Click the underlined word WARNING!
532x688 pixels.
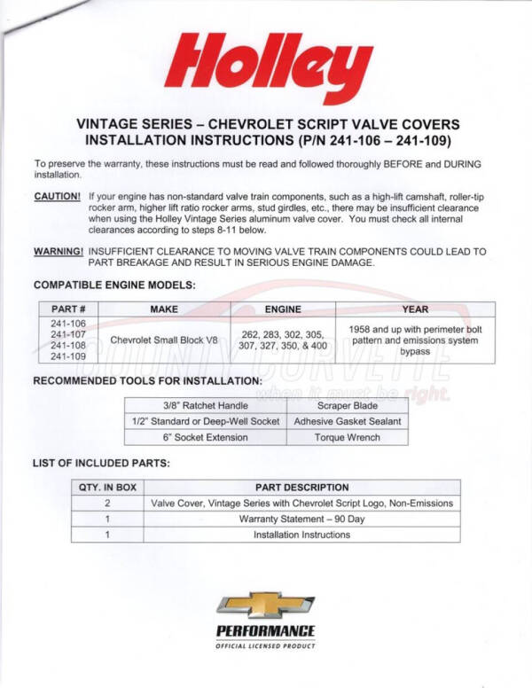pyautogui.click(x=59, y=251)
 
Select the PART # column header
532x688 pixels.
pyautogui.click(x=67, y=309)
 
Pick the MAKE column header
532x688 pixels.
pyautogui.click(x=164, y=309)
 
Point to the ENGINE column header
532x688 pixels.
pyautogui.click(x=283, y=309)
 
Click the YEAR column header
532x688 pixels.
pyautogui.click(x=415, y=309)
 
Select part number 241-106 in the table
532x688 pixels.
pyautogui.click(x=67, y=324)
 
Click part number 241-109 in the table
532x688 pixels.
pyautogui.click(x=67, y=356)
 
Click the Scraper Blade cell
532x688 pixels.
pyautogui.click(x=348, y=405)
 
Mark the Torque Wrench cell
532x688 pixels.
pyautogui.click(x=348, y=437)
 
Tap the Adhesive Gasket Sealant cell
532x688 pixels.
pyautogui.click(x=348, y=421)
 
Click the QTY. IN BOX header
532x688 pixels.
pyautogui.click(x=107, y=487)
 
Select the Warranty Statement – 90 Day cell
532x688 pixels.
pyautogui.click(x=301, y=519)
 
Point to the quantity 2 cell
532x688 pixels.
pyautogui.click(x=107, y=503)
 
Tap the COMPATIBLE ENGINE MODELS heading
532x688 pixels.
pyautogui.click(x=114, y=285)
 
